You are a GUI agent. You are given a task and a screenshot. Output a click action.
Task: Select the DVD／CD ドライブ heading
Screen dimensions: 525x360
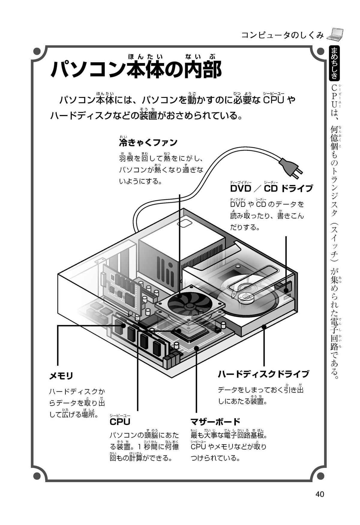tap(271, 189)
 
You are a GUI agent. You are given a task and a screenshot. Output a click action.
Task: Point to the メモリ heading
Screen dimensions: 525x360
tap(61, 376)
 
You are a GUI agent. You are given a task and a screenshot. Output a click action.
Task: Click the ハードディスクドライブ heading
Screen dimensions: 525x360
tap(263, 374)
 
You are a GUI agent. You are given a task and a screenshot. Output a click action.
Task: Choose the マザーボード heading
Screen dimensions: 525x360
tap(215, 421)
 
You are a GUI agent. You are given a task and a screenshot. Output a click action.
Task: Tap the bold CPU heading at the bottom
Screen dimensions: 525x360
tap(120, 422)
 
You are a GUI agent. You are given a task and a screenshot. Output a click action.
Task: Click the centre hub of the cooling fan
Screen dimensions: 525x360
tap(189, 305)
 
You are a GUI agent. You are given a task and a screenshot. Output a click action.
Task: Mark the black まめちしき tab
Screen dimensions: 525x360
tap(334, 63)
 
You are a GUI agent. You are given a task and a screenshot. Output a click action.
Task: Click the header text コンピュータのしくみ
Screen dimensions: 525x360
tap(282, 35)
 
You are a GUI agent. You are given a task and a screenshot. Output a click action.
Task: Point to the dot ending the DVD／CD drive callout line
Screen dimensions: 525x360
tap(286, 290)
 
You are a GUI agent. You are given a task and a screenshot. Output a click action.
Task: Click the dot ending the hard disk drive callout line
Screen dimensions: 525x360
tap(264, 327)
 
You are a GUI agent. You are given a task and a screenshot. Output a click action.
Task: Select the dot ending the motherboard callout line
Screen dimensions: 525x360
tap(196, 348)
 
